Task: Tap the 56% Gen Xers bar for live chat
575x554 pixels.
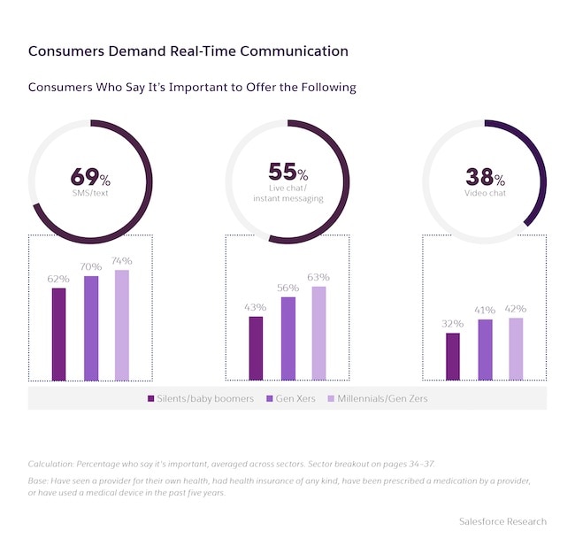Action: [288, 338]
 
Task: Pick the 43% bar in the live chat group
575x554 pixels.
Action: [256, 348]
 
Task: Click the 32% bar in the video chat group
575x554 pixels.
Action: [453, 356]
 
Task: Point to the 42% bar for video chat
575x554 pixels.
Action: [516, 349]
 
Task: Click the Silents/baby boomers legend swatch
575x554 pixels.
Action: [151, 399]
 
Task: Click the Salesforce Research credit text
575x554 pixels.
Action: [502, 521]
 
